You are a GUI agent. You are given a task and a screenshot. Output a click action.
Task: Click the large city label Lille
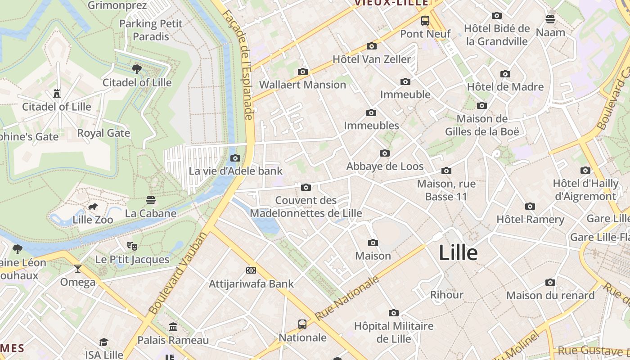[x=458, y=252]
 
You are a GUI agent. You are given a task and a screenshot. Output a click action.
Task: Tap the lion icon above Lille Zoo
[x=93, y=207]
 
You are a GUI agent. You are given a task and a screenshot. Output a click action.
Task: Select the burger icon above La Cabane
[x=151, y=200]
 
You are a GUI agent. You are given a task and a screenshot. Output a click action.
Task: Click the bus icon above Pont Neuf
[x=425, y=20]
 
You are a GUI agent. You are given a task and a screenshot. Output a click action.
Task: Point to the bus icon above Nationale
[x=302, y=324]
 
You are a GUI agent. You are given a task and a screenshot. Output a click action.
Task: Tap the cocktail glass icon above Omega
[x=78, y=269]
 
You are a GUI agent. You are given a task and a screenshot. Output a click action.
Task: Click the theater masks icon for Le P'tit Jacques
[x=132, y=246]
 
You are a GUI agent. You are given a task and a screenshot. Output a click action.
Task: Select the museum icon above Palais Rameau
[x=173, y=327]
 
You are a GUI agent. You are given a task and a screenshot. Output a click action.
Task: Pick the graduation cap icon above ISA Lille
[x=104, y=342]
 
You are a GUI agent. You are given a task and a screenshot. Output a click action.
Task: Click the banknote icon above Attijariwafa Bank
[x=251, y=270]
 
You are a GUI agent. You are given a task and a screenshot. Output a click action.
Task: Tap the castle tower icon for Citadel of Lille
[x=57, y=94]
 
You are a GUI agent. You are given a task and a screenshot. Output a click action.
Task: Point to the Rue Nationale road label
[x=347, y=298]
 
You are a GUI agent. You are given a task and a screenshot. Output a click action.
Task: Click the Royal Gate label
[x=103, y=133]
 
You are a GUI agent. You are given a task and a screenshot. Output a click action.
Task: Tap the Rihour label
[x=446, y=295]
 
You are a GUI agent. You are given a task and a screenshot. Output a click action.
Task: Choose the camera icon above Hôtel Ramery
[x=530, y=206]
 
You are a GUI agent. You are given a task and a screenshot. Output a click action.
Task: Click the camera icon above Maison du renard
[x=550, y=282]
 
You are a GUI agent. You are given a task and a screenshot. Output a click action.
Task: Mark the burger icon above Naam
[x=550, y=19]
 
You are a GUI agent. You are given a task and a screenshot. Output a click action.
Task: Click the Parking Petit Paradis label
[x=151, y=30]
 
